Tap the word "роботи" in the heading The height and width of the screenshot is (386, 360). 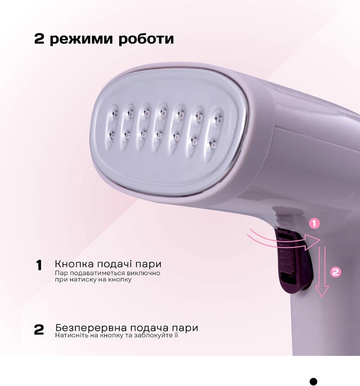[146, 39]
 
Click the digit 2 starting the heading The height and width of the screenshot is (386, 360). [39, 38]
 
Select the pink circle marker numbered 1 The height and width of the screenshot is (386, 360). [314, 223]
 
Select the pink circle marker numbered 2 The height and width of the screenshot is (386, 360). [335, 272]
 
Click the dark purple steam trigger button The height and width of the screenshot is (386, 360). [293, 261]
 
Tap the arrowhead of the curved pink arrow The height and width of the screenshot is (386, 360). [312, 242]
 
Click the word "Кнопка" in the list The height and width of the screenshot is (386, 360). [74, 264]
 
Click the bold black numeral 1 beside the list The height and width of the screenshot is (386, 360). [39, 266]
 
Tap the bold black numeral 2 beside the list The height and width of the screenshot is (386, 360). [39, 330]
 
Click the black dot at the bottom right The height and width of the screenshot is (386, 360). [313, 381]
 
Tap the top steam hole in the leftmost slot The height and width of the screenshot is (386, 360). [115, 114]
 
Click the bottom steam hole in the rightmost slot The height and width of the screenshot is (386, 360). [212, 144]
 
